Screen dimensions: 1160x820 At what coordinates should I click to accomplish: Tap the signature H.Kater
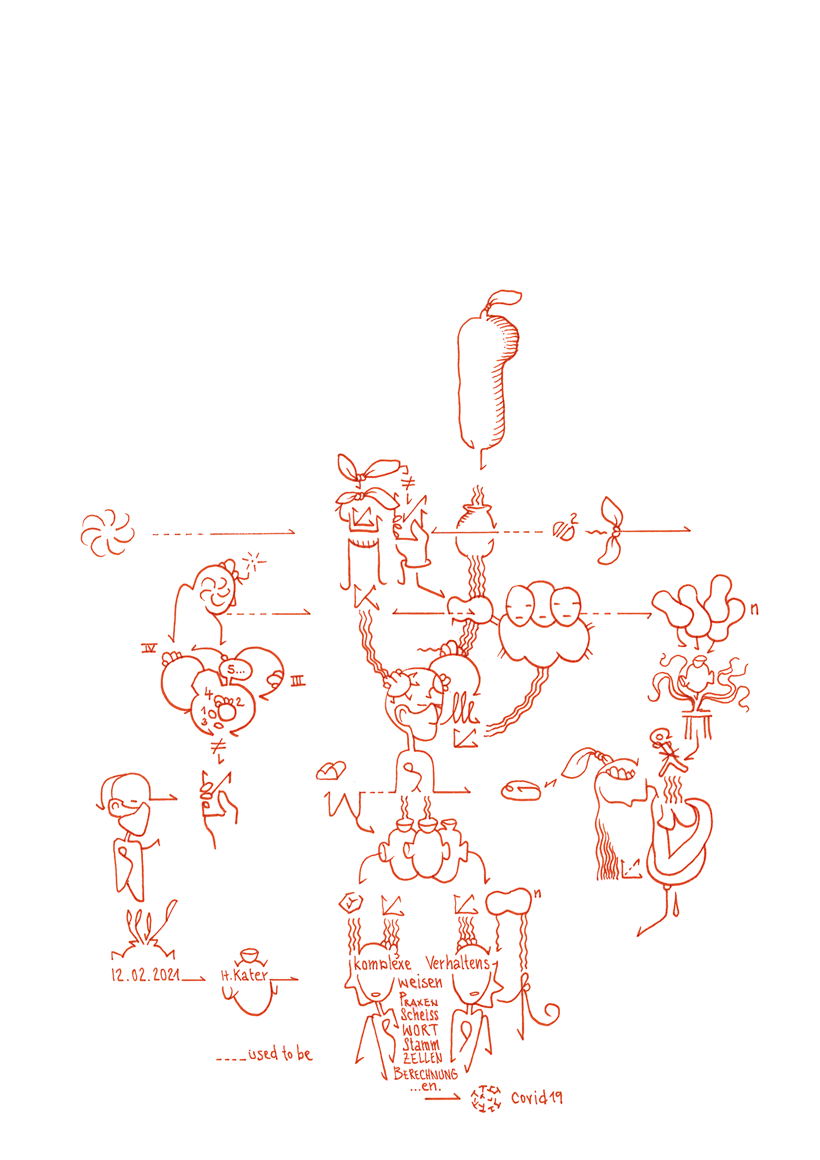pos(245,975)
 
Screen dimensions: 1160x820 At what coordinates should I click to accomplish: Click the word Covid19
pos(536,1097)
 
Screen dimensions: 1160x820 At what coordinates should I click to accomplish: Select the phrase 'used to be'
pos(280,1054)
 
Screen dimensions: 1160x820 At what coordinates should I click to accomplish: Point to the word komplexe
pos(382,965)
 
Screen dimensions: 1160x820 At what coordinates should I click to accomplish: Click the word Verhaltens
pos(458,963)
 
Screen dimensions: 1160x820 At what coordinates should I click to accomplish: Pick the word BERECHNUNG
pos(425,1074)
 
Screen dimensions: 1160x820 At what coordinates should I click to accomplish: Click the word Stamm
pos(422,1045)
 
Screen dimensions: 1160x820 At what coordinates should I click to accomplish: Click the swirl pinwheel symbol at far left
pos(107,532)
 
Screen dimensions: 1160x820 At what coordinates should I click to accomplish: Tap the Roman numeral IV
pos(150,648)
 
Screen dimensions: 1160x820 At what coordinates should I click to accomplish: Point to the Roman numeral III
pos(298,681)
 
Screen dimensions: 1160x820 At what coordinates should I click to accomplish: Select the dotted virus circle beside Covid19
pos(486,1099)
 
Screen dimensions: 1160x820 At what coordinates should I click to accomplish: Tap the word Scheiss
pos(419,1015)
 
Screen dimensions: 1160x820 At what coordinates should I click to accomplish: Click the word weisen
pos(420,983)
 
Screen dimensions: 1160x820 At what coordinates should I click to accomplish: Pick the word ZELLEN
pos(423,1058)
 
